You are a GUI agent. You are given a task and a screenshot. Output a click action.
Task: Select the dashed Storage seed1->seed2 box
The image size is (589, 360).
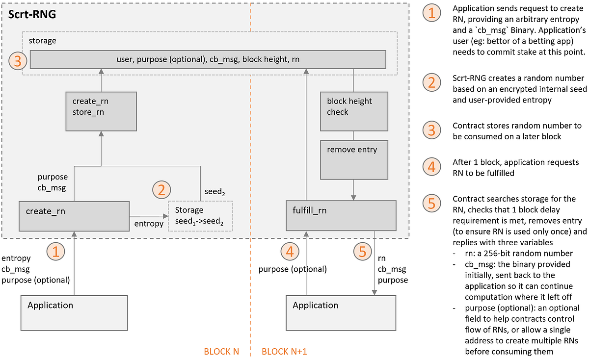coord(200,216)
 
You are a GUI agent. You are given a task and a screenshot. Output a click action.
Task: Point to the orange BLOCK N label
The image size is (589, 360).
coord(221,352)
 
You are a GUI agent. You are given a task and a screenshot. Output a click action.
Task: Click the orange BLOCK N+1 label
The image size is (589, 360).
coord(284,352)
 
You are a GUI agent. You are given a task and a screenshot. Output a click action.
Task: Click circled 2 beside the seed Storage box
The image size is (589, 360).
coord(162,189)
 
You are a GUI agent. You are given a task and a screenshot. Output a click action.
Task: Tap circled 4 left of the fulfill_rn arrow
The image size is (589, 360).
coord(290,252)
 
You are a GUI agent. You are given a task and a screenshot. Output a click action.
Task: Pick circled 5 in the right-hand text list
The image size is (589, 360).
coord(432,203)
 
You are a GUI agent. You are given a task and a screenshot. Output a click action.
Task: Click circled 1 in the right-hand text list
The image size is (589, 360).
coord(432,13)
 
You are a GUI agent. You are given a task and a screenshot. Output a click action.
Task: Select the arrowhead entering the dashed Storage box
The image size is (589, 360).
coord(166,215)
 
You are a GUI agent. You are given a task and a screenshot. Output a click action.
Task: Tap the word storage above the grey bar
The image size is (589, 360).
coord(42,41)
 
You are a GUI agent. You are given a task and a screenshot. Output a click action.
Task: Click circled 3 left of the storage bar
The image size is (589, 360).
coord(17,61)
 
